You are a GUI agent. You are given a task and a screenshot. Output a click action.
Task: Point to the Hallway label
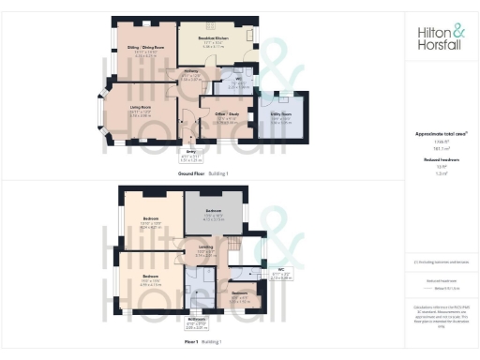point(190,73)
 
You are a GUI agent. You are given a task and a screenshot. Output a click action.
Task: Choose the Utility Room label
point(280,118)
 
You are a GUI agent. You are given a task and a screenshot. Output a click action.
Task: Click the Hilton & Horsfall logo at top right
point(439,37)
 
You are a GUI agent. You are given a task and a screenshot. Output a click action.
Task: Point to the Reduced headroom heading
point(439,160)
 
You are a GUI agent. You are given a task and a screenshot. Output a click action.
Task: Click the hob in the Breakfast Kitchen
point(251,35)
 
